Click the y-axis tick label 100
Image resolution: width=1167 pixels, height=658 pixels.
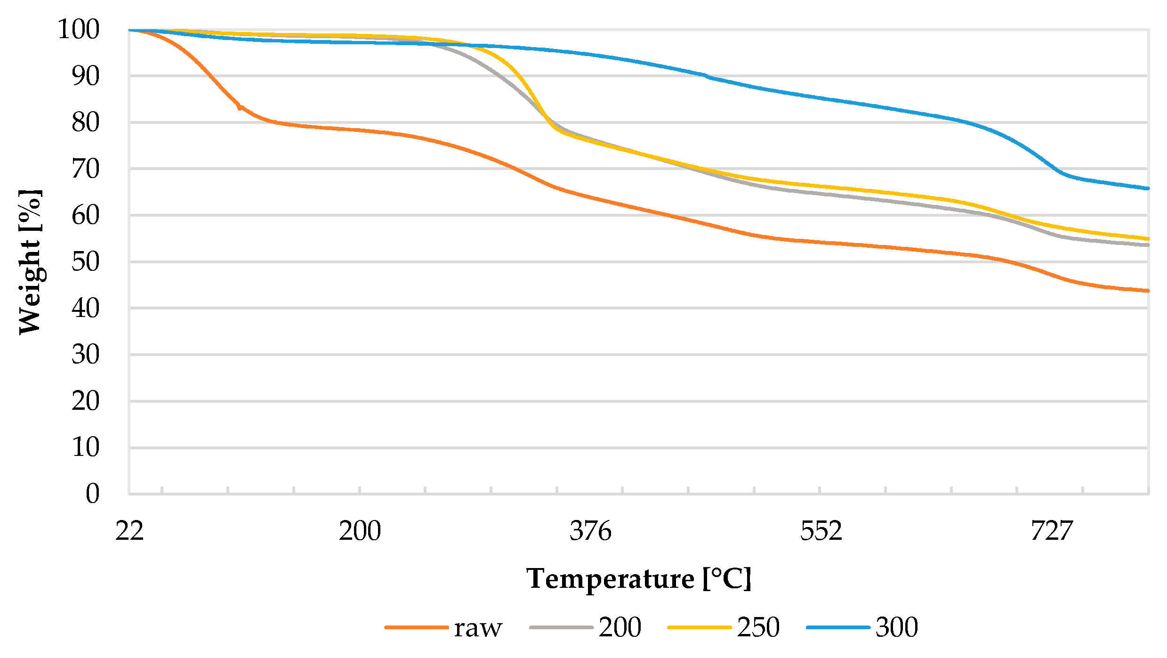coord(78,29)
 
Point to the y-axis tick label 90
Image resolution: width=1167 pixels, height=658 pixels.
coord(85,76)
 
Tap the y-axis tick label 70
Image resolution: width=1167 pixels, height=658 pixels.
coord(85,169)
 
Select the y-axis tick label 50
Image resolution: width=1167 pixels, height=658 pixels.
coord(85,261)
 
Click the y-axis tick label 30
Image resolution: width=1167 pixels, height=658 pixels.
coord(85,354)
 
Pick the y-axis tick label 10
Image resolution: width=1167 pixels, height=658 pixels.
coord(85,447)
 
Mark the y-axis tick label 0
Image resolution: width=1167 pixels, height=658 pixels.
coord(92,494)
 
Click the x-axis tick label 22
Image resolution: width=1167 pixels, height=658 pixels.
coord(129,531)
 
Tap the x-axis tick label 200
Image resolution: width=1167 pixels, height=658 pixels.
coord(360,531)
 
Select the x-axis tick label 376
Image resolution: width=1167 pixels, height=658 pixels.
coord(590,531)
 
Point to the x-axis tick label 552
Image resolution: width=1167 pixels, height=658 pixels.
coord(821,531)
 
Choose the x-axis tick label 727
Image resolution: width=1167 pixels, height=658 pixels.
coord(1051,531)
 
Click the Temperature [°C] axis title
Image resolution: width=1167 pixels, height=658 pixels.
coord(638,579)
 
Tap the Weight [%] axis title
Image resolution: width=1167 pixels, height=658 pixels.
coord(30,262)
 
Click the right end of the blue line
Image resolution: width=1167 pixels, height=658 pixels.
coord(1148,188)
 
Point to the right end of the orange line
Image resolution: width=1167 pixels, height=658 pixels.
coord(1148,291)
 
